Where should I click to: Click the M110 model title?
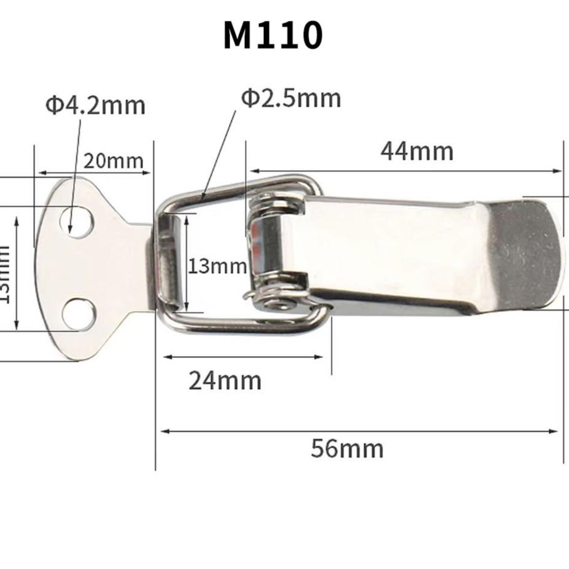pyautogui.click(x=272, y=36)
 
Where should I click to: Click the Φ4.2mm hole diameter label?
pyautogui.click(x=95, y=105)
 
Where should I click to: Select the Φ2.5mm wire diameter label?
pyautogui.click(x=290, y=98)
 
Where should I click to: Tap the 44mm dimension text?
pyautogui.click(x=417, y=151)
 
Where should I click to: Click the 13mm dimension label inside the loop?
pyautogui.click(x=217, y=266)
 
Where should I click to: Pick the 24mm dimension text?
pyautogui.click(x=225, y=381)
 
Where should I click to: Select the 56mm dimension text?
pyautogui.click(x=347, y=449)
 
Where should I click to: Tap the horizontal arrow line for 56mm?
pyautogui.click(x=359, y=432)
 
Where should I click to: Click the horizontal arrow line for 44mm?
pyautogui.click(x=405, y=171)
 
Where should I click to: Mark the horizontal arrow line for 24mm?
pyautogui.click(x=242, y=357)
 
